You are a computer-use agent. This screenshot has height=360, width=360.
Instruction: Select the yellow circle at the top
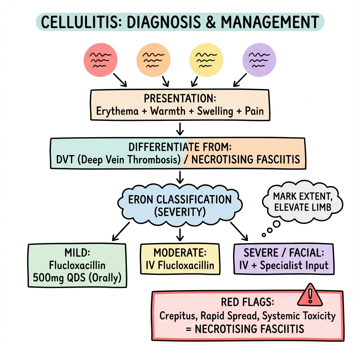click(x=206, y=60)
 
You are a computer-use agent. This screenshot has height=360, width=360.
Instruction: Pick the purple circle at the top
click(x=259, y=60)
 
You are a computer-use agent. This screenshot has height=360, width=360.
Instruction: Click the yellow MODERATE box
click(x=180, y=259)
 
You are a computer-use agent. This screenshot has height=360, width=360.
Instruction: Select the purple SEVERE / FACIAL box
click(x=283, y=259)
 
